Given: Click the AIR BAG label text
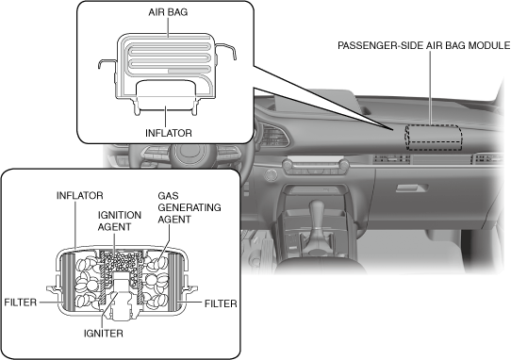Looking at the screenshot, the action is (x=168, y=12).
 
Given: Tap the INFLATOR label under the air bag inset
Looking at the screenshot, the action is (x=169, y=133).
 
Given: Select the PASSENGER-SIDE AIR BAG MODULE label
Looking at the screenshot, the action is (x=423, y=45).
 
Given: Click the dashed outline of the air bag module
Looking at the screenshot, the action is (x=434, y=125).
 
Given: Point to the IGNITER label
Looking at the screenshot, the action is (x=104, y=334).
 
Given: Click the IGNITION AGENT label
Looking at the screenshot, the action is (x=120, y=221).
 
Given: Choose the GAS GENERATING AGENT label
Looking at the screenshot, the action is (x=189, y=207).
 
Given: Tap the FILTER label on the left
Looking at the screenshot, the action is (x=20, y=303).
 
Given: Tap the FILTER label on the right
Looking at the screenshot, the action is (x=221, y=303).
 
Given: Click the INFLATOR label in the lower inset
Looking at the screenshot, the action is (x=80, y=195).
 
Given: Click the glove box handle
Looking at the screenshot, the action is (x=412, y=188).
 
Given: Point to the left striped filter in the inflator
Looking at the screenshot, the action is (x=69, y=281).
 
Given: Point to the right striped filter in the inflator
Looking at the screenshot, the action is (x=174, y=281).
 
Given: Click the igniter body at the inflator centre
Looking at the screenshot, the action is (x=121, y=296).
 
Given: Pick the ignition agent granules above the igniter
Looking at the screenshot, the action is (x=122, y=262).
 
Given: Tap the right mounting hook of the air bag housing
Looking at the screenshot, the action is (x=226, y=51).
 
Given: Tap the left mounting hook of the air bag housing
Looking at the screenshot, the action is (x=107, y=63).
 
